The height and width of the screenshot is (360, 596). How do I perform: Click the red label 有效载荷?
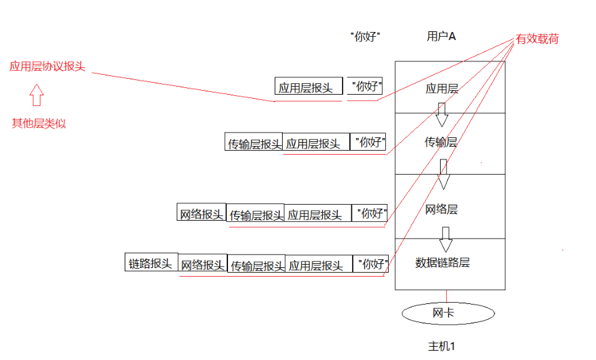click(537, 39)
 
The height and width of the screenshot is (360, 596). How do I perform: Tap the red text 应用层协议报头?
click(47, 67)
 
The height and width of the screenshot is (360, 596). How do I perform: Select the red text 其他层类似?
click(39, 123)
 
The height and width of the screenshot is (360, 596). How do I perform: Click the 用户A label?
click(441, 37)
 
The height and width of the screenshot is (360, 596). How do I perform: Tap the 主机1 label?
click(441, 347)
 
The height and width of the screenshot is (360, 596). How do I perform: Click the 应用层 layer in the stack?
click(442, 88)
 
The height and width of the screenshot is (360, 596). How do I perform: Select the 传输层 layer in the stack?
click(441, 142)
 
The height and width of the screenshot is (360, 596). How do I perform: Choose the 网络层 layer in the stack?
click(441, 209)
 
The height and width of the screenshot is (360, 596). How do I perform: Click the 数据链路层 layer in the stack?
click(442, 263)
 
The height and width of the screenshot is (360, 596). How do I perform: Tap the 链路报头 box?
click(151, 263)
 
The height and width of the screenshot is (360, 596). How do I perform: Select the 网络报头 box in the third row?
click(201, 213)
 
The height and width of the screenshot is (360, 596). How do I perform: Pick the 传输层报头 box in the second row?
click(255, 143)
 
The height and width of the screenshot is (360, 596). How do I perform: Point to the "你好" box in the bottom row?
click(371, 264)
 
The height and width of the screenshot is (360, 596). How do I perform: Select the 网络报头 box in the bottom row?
click(203, 265)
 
